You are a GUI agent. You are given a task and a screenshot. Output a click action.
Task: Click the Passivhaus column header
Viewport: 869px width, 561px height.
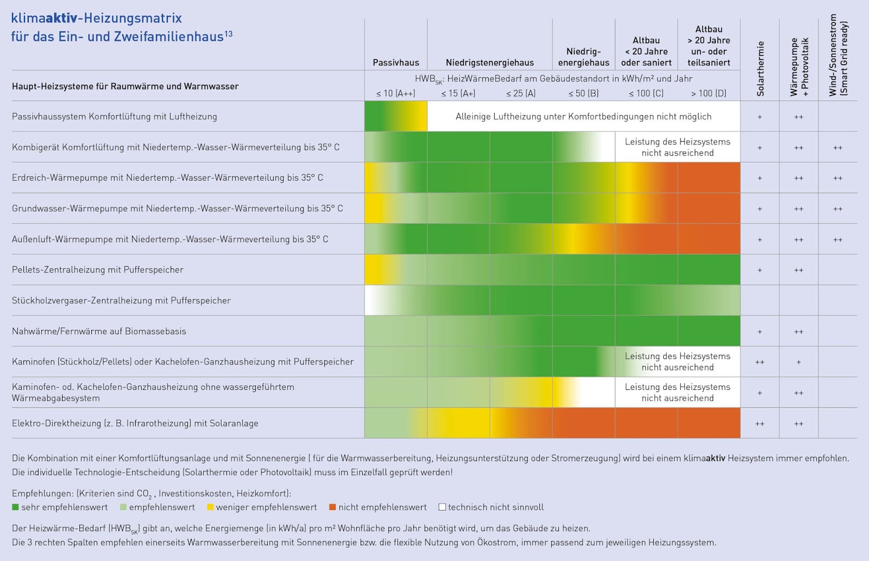[x=395, y=62]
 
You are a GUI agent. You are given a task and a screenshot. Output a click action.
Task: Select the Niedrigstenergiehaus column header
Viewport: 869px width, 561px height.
[x=489, y=62]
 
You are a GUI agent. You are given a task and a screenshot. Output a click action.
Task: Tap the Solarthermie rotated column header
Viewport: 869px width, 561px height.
[x=760, y=68]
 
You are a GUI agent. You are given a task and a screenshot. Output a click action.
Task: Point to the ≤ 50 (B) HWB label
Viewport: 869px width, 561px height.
[x=583, y=93]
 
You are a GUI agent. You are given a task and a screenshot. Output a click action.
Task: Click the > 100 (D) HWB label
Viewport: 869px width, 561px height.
[x=708, y=93]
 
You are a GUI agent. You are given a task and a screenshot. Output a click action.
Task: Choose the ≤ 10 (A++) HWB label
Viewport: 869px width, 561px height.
[x=395, y=93]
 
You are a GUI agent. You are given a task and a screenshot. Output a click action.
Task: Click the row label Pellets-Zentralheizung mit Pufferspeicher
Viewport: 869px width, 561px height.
[x=98, y=270]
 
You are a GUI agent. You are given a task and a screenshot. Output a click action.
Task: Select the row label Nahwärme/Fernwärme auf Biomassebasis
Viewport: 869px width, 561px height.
[x=99, y=331]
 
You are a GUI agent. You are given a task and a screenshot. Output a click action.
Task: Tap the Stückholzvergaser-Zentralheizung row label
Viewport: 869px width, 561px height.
[x=121, y=300]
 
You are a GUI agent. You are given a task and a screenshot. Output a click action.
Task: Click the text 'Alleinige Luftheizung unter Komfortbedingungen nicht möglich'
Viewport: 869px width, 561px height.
[x=583, y=116]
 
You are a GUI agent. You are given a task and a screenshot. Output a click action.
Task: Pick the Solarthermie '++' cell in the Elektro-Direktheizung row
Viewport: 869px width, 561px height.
[x=759, y=424]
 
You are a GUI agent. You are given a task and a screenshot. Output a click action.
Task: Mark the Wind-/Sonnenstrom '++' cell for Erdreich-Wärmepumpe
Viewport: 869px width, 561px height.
[x=837, y=178]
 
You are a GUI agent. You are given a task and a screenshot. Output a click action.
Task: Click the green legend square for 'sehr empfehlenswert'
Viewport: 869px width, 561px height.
[x=15, y=507]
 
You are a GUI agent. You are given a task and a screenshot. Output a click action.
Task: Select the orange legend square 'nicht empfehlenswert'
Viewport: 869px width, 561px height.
[x=332, y=507]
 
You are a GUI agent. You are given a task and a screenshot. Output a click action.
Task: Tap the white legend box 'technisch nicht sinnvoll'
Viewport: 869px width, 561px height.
[x=442, y=507]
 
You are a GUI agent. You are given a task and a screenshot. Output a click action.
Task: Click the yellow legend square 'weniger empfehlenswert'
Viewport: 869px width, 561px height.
[x=210, y=507]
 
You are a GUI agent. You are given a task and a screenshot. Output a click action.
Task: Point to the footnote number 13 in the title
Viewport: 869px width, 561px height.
[x=229, y=34]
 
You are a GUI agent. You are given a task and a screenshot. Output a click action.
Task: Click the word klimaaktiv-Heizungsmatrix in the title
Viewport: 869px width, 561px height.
[x=96, y=18]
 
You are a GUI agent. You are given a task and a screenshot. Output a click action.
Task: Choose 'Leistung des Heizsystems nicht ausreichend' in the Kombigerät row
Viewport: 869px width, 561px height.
[x=677, y=147]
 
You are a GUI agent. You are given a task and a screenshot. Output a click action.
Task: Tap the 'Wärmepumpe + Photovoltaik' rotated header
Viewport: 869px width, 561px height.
[x=799, y=67]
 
